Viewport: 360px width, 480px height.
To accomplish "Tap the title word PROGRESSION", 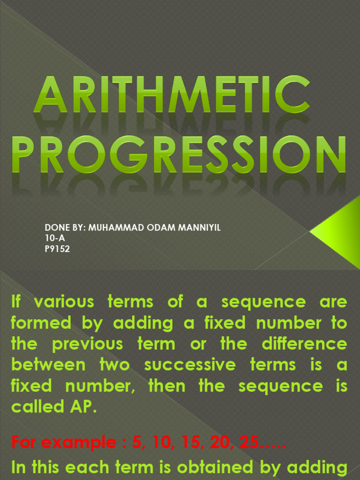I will click(x=179, y=155).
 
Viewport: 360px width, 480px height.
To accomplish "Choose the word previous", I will click(x=88, y=345).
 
